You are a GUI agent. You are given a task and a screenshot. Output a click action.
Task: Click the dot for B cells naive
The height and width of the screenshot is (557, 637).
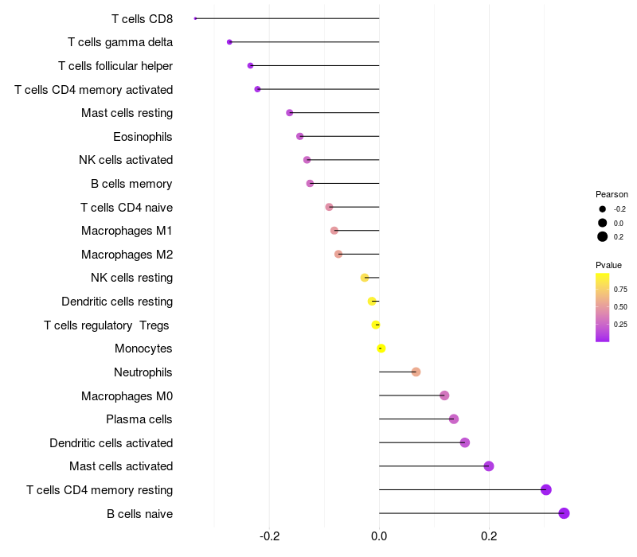(x=565, y=513)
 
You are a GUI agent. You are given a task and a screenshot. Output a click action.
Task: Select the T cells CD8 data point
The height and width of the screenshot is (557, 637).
(x=195, y=18)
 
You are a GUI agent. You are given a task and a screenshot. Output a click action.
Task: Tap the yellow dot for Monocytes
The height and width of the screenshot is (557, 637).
(x=381, y=349)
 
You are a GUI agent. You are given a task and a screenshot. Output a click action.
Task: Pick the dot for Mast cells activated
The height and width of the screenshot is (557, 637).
(x=489, y=466)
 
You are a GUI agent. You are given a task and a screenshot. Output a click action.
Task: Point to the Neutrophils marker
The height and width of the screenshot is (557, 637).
(x=416, y=372)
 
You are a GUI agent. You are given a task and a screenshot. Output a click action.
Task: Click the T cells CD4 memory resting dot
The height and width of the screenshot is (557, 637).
(x=546, y=489)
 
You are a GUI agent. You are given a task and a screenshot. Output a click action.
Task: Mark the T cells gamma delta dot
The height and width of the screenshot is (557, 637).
(x=229, y=42)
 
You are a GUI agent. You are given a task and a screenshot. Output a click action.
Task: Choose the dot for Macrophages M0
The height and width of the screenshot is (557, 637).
(x=444, y=395)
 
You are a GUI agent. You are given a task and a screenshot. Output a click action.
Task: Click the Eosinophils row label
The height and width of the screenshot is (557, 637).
(x=143, y=137)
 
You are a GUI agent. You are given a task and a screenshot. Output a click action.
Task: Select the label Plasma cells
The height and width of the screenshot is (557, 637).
(x=139, y=419)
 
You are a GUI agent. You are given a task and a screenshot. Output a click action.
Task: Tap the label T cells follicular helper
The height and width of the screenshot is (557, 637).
(x=115, y=66)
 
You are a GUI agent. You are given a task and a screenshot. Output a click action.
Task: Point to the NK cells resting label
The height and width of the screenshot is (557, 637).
(x=131, y=278)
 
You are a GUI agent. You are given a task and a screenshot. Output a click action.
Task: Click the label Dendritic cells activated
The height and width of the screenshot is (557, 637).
(x=111, y=442)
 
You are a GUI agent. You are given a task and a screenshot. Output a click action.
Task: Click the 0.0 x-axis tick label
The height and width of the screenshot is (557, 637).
(x=379, y=536)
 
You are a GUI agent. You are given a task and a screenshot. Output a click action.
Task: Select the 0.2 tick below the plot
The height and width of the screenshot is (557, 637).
(x=489, y=536)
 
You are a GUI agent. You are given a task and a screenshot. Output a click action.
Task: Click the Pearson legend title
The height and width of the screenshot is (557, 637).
(x=612, y=194)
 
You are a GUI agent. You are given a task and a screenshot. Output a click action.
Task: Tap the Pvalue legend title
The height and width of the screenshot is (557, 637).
(x=608, y=265)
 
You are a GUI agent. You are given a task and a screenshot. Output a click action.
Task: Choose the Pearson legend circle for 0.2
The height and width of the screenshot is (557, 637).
(x=603, y=236)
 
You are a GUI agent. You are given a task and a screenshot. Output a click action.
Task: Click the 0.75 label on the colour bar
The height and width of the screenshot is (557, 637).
(x=620, y=289)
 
